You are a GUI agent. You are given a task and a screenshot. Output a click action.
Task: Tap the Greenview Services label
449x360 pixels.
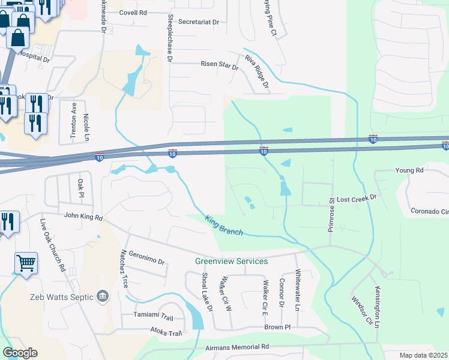click(x=231, y=261)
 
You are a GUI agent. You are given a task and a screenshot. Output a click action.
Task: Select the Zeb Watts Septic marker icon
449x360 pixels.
click(x=102, y=296)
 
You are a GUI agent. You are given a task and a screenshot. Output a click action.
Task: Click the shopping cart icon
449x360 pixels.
click(x=26, y=262)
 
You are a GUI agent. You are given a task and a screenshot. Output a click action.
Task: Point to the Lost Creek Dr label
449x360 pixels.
click(x=356, y=197)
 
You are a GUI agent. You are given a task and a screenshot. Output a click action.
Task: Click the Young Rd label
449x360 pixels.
click(x=409, y=170)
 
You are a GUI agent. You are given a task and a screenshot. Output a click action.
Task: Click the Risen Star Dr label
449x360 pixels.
click(x=220, y=64)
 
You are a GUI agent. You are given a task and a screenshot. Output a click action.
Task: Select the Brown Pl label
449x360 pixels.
click(x=277, y=327)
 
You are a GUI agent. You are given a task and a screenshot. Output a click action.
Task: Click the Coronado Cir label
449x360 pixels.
click(x=429, y=211)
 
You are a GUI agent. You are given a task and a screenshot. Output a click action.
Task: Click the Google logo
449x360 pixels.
click(x=20, y=353)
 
